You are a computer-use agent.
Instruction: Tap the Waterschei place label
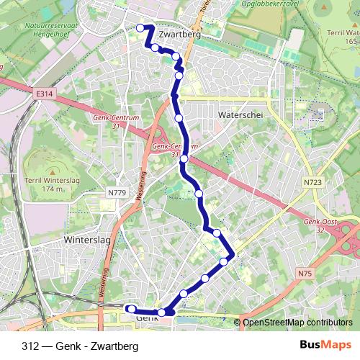coord(240,114)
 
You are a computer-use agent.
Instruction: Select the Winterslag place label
coord(84,239)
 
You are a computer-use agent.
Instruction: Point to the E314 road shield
coord(44,94)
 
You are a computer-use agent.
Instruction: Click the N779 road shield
coord(117,192)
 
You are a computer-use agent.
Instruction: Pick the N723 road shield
coord(312,183)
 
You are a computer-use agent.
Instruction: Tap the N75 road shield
coord(305,274)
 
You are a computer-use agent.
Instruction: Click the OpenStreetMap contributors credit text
coord(297,323)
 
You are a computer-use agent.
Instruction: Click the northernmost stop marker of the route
coord(140,28)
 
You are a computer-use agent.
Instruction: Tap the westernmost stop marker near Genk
coord(132,309)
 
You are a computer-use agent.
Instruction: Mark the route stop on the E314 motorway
coord(184,158)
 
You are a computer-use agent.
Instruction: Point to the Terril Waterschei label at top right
coord(343,36)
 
